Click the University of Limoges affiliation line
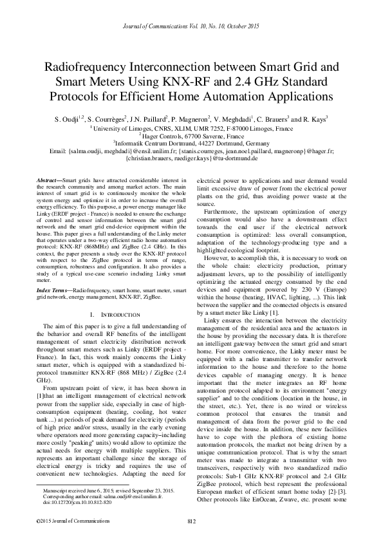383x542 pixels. pos(191,128)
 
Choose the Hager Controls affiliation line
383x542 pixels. pos(191,136)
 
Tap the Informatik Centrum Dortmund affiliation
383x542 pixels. pos(191,144)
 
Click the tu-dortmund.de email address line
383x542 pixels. pos(191,159)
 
